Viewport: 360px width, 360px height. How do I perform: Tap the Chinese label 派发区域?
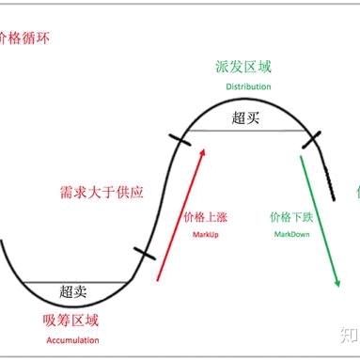(247, 70)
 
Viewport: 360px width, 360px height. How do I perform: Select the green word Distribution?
(248, 86)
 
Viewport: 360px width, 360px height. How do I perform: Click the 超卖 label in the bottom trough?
(74, 291)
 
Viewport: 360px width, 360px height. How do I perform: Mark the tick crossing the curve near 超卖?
(144, 254)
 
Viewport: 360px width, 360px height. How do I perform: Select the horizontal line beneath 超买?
(247, 131)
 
